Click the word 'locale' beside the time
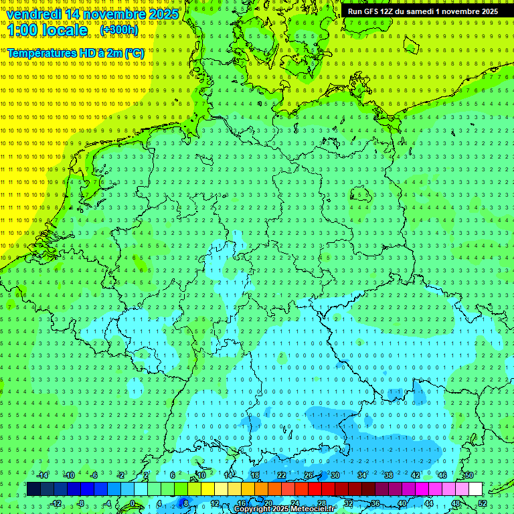pyautogui.click(x=66, y=30)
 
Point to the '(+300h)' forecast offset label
pyautogui.click(x=119, y=30)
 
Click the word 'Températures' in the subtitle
pyautogui.click(x=41, y=53)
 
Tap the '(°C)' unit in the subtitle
pyautogui.click(x=134, y=53)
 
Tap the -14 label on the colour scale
pyautogui.click(x=43, y=475)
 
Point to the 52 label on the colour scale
pyautogui.click(x=483, y=503)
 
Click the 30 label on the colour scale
pyautogui.click(x=335, y=475)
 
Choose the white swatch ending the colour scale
pyautogui.click(x=475, y=489)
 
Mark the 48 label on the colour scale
pyautogui.click(x=456, y=503)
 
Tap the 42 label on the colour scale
pyautogui.click(x=416, y=475)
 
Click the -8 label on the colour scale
pyautogui.click(x=82, y=503)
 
